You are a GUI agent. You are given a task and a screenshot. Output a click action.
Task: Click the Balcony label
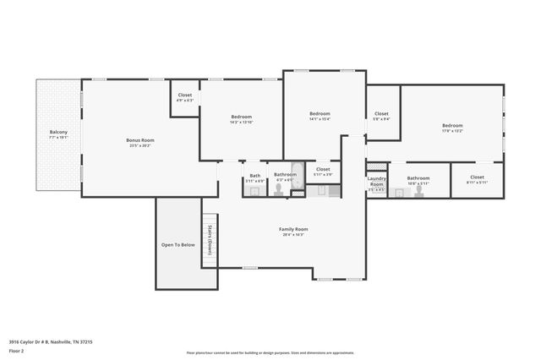[x=58, y=133]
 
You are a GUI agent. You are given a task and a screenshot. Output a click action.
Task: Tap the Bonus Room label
[x=140, y=140]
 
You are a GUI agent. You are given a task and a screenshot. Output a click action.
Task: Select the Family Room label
[x=293, y=229]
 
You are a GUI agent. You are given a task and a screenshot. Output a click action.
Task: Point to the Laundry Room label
[x=377, y=181]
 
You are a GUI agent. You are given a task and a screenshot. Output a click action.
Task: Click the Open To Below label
[x=178, y=245]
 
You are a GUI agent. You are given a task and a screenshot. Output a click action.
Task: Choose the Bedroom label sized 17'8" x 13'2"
[x=452, y=127]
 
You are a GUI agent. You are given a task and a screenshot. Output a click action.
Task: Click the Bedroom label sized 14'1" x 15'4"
[x=320, y=114]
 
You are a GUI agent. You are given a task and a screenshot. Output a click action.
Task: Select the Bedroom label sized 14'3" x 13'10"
[x=242, y=117]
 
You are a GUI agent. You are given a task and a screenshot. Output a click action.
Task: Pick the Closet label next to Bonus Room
[x=185, y=95]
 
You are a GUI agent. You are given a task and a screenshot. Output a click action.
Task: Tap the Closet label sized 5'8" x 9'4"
[x=381, y=114]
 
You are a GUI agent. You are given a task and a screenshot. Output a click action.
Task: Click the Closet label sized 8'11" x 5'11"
[x=477, y=177]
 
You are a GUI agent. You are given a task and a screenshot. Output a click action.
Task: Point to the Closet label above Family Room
[x=323, y=169]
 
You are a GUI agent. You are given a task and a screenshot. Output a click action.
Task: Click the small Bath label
[x=254, y=176]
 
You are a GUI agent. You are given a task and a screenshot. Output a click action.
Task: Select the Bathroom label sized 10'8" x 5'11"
[x=419, y=178]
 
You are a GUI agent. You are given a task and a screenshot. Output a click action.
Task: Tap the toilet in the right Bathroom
[x=400, y=192]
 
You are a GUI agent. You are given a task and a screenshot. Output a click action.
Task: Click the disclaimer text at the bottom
[x=270, y=352]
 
